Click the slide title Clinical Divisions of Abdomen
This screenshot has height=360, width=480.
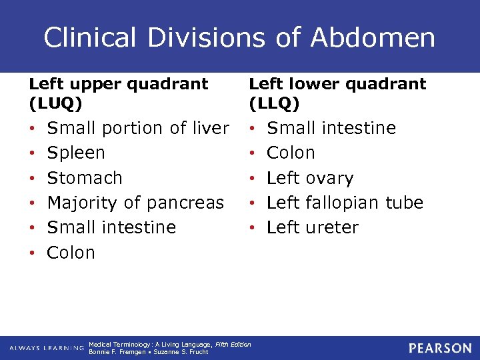point(239,37)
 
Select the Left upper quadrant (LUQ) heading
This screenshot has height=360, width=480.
point(119,93)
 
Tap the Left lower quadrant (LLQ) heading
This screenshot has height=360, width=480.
point(337,93)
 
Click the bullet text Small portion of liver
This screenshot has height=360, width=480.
point(138,128)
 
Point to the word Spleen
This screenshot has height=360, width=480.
point(76,153)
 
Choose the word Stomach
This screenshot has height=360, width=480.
point(85,178)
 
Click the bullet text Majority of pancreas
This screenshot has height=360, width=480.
point(135,203)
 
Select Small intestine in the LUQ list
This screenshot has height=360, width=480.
point(111,227)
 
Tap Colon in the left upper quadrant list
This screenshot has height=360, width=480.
point(71,253)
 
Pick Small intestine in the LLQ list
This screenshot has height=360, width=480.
point(331,128)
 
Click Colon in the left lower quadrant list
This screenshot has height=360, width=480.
point(290,153)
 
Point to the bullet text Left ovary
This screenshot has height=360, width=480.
point(309,178)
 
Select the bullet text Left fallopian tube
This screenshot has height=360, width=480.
point(345,203)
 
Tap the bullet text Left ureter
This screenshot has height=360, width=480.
point(312,227)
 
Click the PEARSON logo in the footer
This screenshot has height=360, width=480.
point(440,348)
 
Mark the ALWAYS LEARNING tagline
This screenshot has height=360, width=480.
point(47,348)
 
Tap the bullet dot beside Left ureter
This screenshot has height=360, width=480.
point(253,228)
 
